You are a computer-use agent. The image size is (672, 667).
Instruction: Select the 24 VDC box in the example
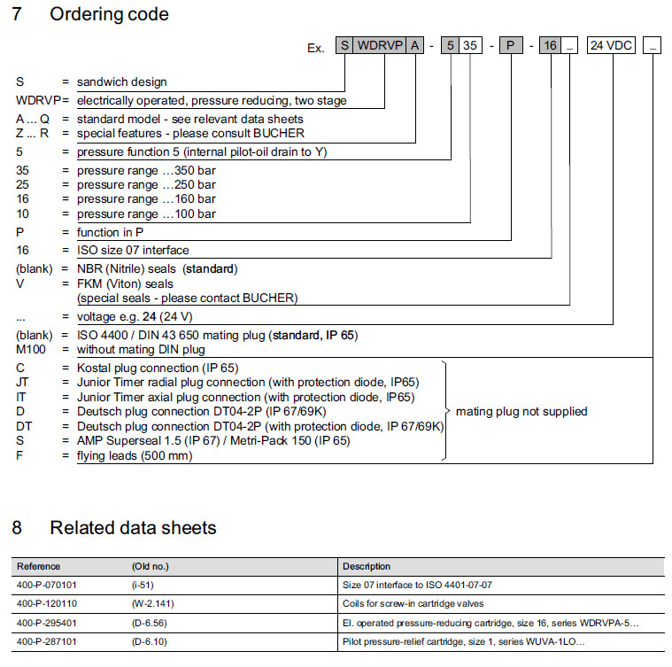(612, 46)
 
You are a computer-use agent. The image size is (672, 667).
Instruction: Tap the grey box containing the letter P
(512, 46)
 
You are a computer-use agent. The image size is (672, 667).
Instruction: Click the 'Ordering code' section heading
(109, 14)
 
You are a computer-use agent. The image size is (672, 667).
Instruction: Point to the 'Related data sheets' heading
(133, 528)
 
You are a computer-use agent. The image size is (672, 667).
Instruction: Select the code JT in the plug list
(22, 383)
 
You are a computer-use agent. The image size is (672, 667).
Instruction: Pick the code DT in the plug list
(23, 426)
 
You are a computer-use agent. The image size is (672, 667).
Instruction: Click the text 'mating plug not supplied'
(521, 411)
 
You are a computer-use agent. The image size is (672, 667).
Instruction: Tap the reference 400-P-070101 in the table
(50, 585)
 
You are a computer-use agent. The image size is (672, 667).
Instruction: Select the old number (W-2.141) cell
(154, 603)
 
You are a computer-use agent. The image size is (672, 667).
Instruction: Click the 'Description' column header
(367, 566)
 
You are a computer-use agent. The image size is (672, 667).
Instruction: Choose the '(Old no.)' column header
(150, 566)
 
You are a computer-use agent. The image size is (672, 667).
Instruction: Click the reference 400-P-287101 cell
(50, 640)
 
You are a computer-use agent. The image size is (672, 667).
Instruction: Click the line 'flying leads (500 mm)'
(135, 455)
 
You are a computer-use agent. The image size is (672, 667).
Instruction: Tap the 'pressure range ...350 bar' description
(146, 171)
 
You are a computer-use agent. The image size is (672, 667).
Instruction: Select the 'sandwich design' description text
(122, 82)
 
